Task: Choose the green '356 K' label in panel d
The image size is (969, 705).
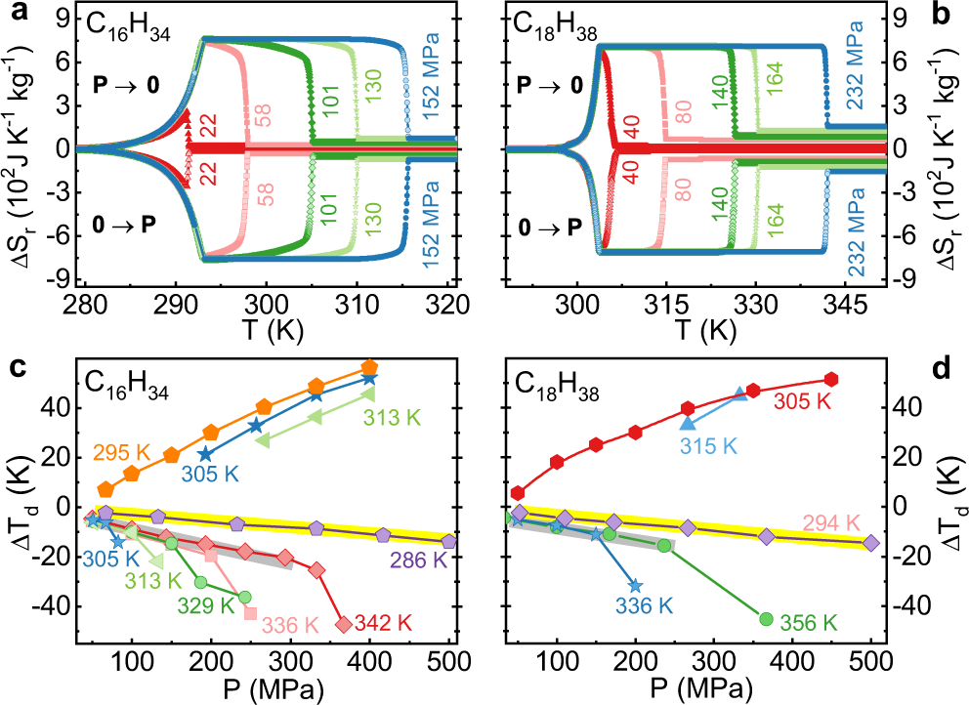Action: coord(810,621)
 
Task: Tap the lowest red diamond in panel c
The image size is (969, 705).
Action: coord(343,624)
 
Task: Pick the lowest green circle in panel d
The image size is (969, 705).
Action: coord(767,618)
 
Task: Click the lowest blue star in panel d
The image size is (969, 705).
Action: coord(636,586)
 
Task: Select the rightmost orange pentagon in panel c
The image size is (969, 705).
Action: coord(369,367)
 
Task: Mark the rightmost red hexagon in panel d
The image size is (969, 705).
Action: coord(831,379)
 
